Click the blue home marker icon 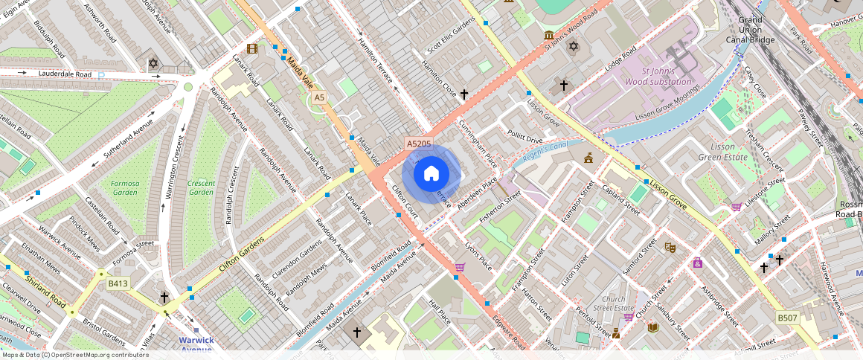coord(431,175)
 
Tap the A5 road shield coord(319,97)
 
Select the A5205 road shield coord(419,142)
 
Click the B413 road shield coord(118,283)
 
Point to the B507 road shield coord(787,318)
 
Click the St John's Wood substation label coord(658,76)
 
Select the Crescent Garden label coord(201,187)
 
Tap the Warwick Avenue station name coord(196,344)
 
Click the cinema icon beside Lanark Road coord(252,49)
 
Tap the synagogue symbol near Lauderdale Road coord(153,64)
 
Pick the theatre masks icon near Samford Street coord(670,246)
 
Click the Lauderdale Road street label coord(65,74)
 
